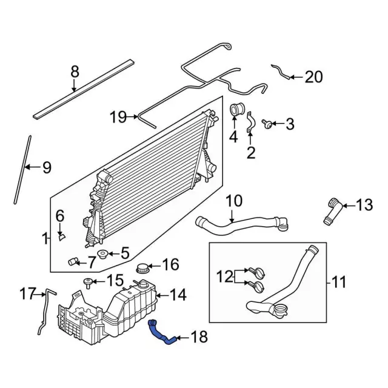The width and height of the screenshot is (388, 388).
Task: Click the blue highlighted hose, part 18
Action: tap(162, 334)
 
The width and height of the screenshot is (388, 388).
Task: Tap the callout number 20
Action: tap(313, 77)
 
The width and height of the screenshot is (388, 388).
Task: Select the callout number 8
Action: tap(75, 72)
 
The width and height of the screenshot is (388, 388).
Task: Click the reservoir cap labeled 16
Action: tap(144, 267)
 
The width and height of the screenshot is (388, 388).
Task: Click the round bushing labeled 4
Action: tap(235, 112)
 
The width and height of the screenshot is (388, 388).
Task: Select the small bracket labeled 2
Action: tap(249, 125)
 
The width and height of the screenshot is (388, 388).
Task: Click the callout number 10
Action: tap(234, 201)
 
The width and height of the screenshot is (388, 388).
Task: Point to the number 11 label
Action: tap(339, 281)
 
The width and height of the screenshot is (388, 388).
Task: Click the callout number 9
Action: tap(46, 168)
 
